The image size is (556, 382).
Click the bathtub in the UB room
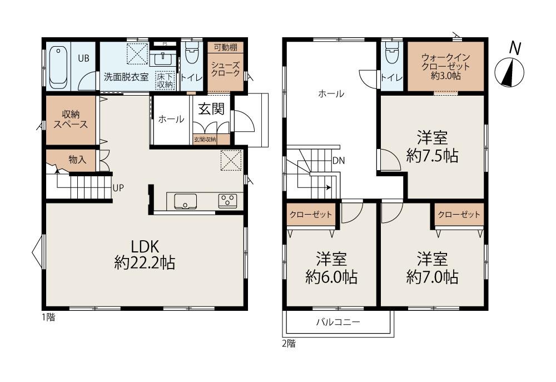coord(58,67)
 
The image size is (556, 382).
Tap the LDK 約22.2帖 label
coord(145,255)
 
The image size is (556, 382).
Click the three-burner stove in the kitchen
coord(227,201)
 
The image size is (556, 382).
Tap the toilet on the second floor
coord(392,53)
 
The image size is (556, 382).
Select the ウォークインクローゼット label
coord(446,66)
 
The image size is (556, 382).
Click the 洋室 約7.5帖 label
coord(432,146)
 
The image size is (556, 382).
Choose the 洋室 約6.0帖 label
coord(331,268)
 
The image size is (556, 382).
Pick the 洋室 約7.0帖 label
coord(432,268)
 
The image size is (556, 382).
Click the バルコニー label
coord(338,322)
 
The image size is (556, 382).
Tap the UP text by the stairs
coord(118,188)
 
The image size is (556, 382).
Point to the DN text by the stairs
coord(339,161)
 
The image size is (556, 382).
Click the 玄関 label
coord(211,109)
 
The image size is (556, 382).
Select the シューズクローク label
coord(226,69)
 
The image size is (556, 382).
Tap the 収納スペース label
coord(71,119)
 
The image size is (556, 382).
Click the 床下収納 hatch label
coord(165,81)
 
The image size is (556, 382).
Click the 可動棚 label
coord(226,47)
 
